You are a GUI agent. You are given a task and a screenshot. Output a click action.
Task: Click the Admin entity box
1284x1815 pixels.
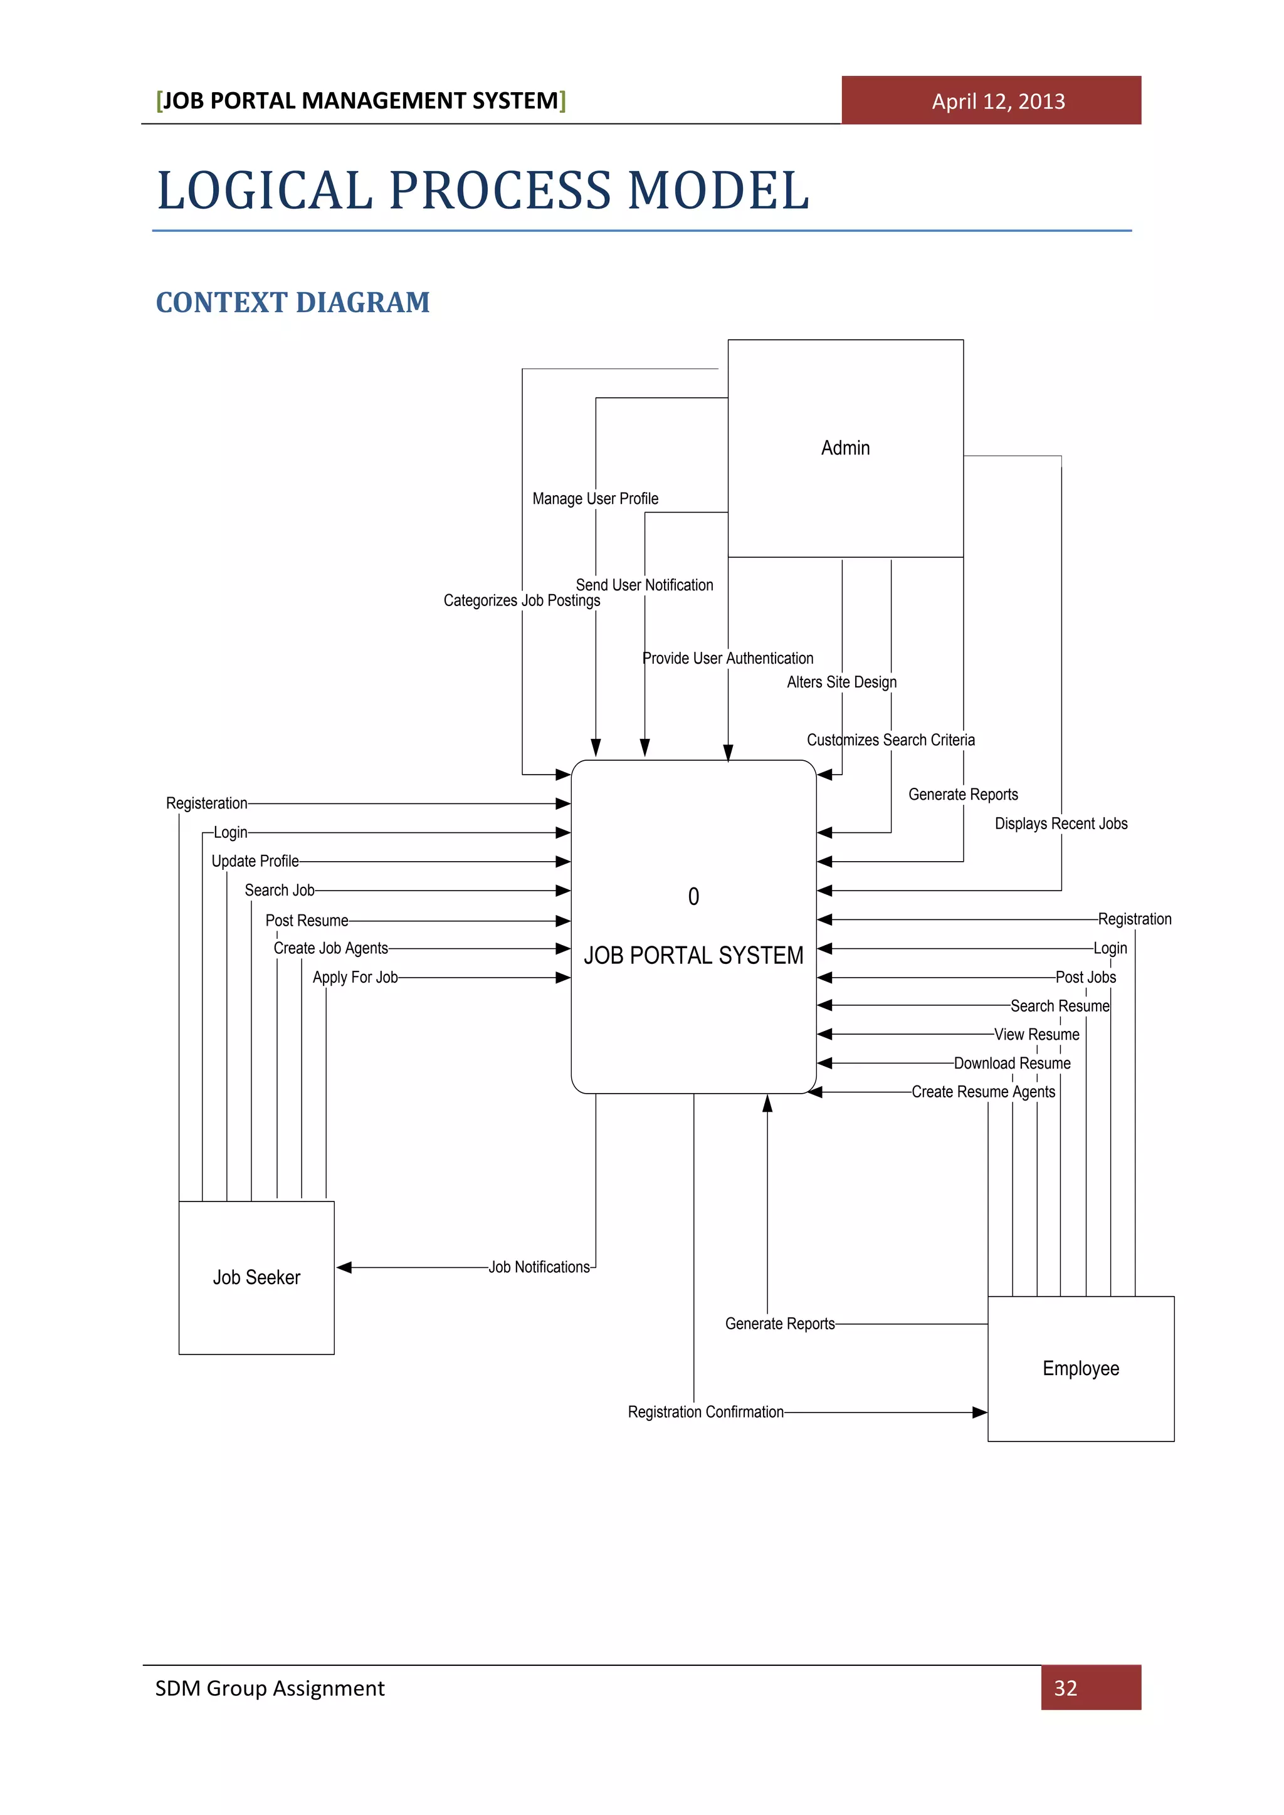coord(845,448)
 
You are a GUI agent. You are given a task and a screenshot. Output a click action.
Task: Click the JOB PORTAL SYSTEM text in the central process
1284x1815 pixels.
coord(693,956)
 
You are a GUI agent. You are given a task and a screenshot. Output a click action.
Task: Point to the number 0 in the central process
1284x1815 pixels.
coord(693,896)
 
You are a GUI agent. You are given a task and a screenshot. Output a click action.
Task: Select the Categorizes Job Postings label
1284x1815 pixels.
coord(521,601)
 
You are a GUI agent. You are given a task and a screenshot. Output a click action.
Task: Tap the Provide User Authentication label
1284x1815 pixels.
coord(727,659)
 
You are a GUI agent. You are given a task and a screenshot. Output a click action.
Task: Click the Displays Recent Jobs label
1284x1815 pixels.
coord(1060,824)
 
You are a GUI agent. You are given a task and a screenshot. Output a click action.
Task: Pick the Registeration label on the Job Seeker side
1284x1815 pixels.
coord(206,803)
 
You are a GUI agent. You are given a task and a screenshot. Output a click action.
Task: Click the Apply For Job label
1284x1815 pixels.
coord(355,977)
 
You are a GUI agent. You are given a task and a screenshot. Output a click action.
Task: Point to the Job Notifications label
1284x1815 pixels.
coord(539,1267)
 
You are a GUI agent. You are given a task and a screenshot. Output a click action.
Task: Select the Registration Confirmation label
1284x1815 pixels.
coord(705,1412)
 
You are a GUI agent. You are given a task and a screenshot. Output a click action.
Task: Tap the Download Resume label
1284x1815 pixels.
coord(1012,1063)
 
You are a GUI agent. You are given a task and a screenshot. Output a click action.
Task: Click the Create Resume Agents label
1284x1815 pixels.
coord(983,1092)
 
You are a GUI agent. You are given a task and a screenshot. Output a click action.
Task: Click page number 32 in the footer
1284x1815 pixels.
coord(1065,1688)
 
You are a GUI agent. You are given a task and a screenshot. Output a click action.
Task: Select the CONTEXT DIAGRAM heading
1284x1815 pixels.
coord(293,303)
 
